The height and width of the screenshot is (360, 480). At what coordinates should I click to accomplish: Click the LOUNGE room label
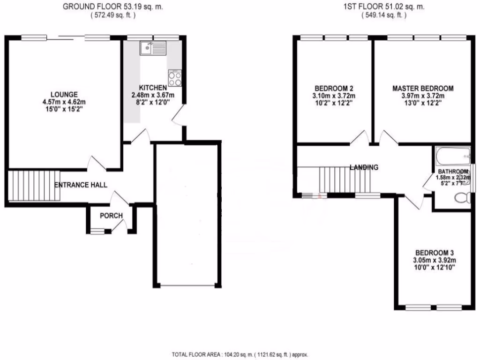65,94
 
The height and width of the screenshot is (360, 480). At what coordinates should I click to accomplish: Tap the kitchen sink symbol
153,47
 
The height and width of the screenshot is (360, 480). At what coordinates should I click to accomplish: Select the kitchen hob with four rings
175,78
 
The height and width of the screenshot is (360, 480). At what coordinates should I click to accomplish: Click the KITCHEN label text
153,88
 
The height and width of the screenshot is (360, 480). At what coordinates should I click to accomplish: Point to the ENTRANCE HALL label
81,185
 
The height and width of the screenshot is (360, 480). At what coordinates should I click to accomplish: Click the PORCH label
111,216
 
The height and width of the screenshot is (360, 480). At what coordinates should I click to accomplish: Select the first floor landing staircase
345,180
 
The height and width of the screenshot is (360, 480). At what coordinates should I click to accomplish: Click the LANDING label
364,167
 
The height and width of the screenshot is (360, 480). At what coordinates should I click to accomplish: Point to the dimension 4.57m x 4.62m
65,102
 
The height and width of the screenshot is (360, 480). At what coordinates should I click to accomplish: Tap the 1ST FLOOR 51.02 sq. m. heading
383,7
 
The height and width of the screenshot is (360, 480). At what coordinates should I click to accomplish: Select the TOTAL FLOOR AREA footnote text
240,355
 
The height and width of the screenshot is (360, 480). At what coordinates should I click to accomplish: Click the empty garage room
187,216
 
